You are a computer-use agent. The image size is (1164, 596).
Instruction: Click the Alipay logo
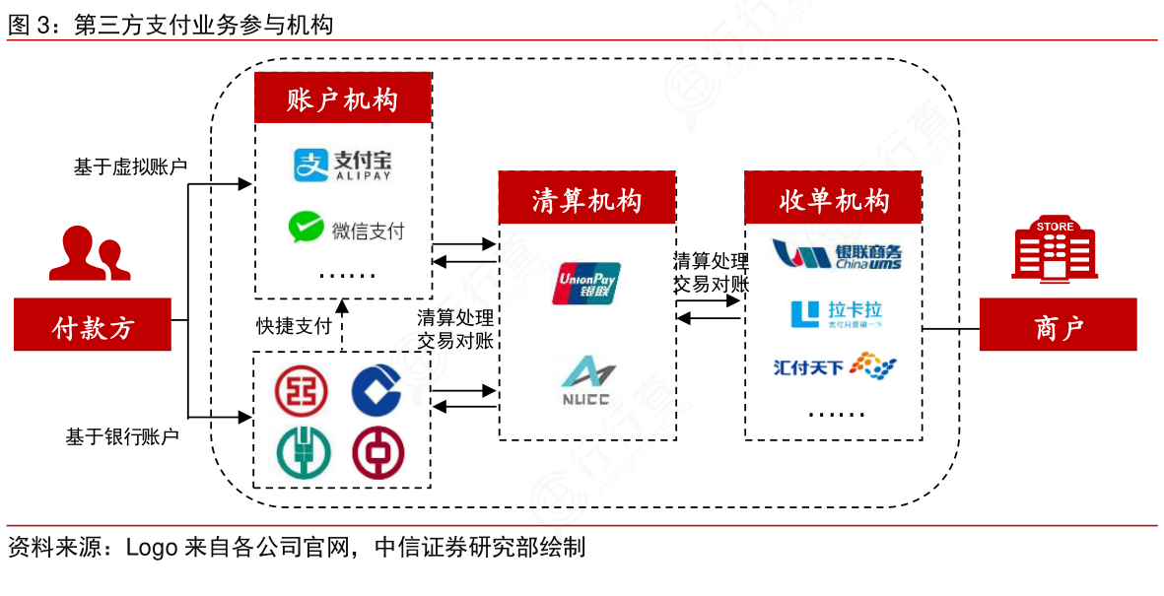(342, 165)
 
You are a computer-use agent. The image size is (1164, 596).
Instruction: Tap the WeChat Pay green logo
(307, 228)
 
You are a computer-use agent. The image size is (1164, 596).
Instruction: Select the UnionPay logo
(587, 283)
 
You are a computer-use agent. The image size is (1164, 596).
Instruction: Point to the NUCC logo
(587, 380)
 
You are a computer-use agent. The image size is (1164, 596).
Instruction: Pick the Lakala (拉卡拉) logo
(835, 314)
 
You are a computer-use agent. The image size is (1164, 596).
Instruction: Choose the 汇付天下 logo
(835, 367)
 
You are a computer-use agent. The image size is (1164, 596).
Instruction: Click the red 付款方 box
(93, 325)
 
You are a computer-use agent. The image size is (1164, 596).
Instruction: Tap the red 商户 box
(1058, 325)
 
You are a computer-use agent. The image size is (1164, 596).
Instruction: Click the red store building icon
(1055, 250)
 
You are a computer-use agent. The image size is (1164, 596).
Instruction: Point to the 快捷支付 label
(294, 326)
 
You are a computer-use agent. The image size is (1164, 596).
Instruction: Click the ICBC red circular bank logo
(301, 390)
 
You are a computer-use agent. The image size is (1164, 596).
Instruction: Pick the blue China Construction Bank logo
(377, 390)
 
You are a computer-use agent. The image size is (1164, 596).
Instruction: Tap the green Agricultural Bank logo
(301, 452)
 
